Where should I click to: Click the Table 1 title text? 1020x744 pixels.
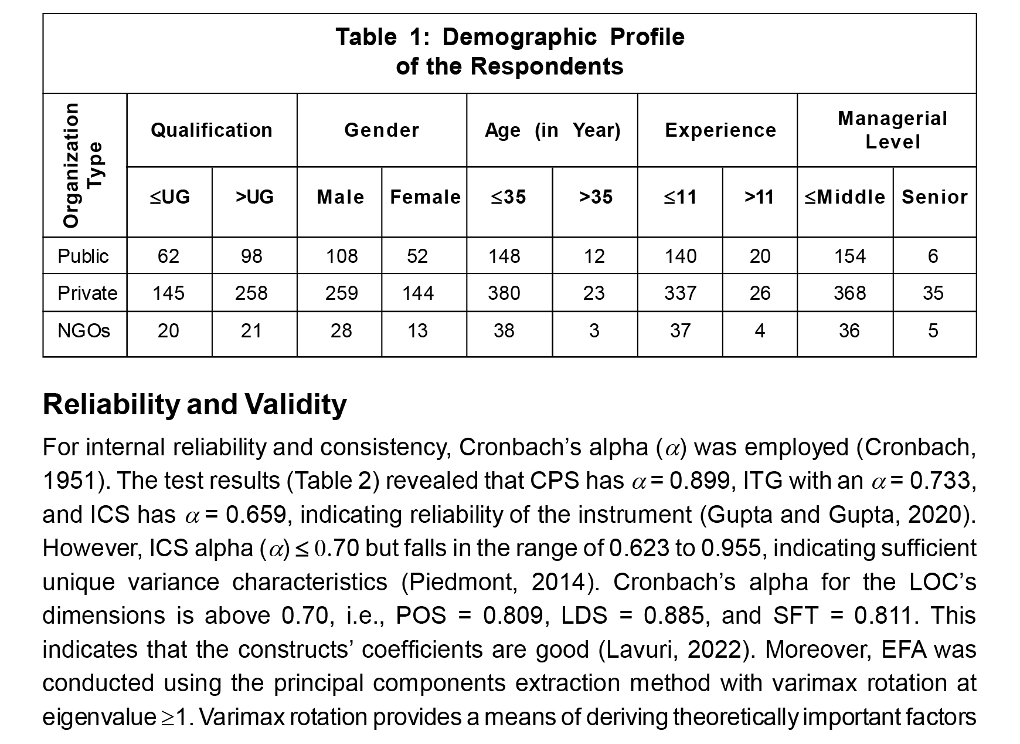point(509,52)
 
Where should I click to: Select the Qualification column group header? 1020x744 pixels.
point(212,130)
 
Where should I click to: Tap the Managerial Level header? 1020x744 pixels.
point(892,130)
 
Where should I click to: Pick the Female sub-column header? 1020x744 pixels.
point(425,197)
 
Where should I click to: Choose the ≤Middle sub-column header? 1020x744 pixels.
point(845,197)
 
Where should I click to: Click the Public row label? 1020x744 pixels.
point(83,256)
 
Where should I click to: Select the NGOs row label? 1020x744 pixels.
point(84,331)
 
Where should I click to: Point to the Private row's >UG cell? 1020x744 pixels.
point(251,293)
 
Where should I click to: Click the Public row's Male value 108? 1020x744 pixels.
point(342,256)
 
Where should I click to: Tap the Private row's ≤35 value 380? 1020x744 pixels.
point(504,293)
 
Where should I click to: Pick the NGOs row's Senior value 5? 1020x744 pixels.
point(933,331)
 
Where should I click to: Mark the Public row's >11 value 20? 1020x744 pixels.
point(760,256)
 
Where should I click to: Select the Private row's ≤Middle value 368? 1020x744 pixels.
point(849,293)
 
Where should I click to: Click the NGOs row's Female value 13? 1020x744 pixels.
point(417,331)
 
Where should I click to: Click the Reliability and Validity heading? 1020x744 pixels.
point(195,405)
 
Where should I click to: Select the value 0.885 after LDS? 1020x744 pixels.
point(674,616)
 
